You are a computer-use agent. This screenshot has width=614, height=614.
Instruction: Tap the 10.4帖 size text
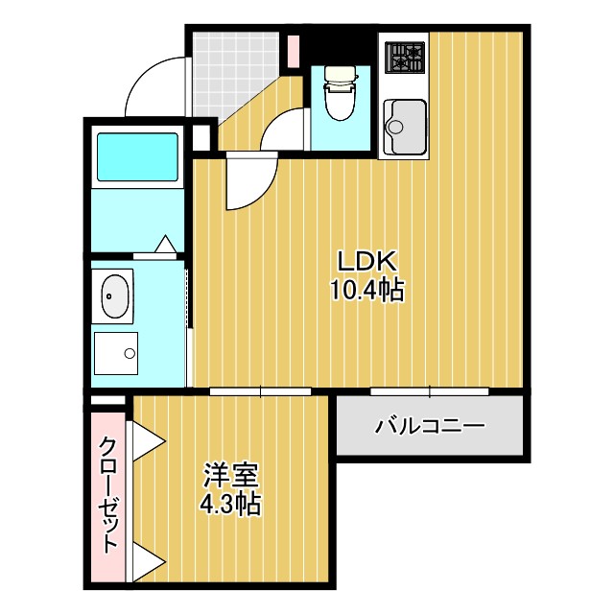366,289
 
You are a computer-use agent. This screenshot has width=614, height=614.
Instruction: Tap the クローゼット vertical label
108,495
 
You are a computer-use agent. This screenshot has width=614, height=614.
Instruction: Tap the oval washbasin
115,296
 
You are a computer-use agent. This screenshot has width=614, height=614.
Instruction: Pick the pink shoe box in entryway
294,49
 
